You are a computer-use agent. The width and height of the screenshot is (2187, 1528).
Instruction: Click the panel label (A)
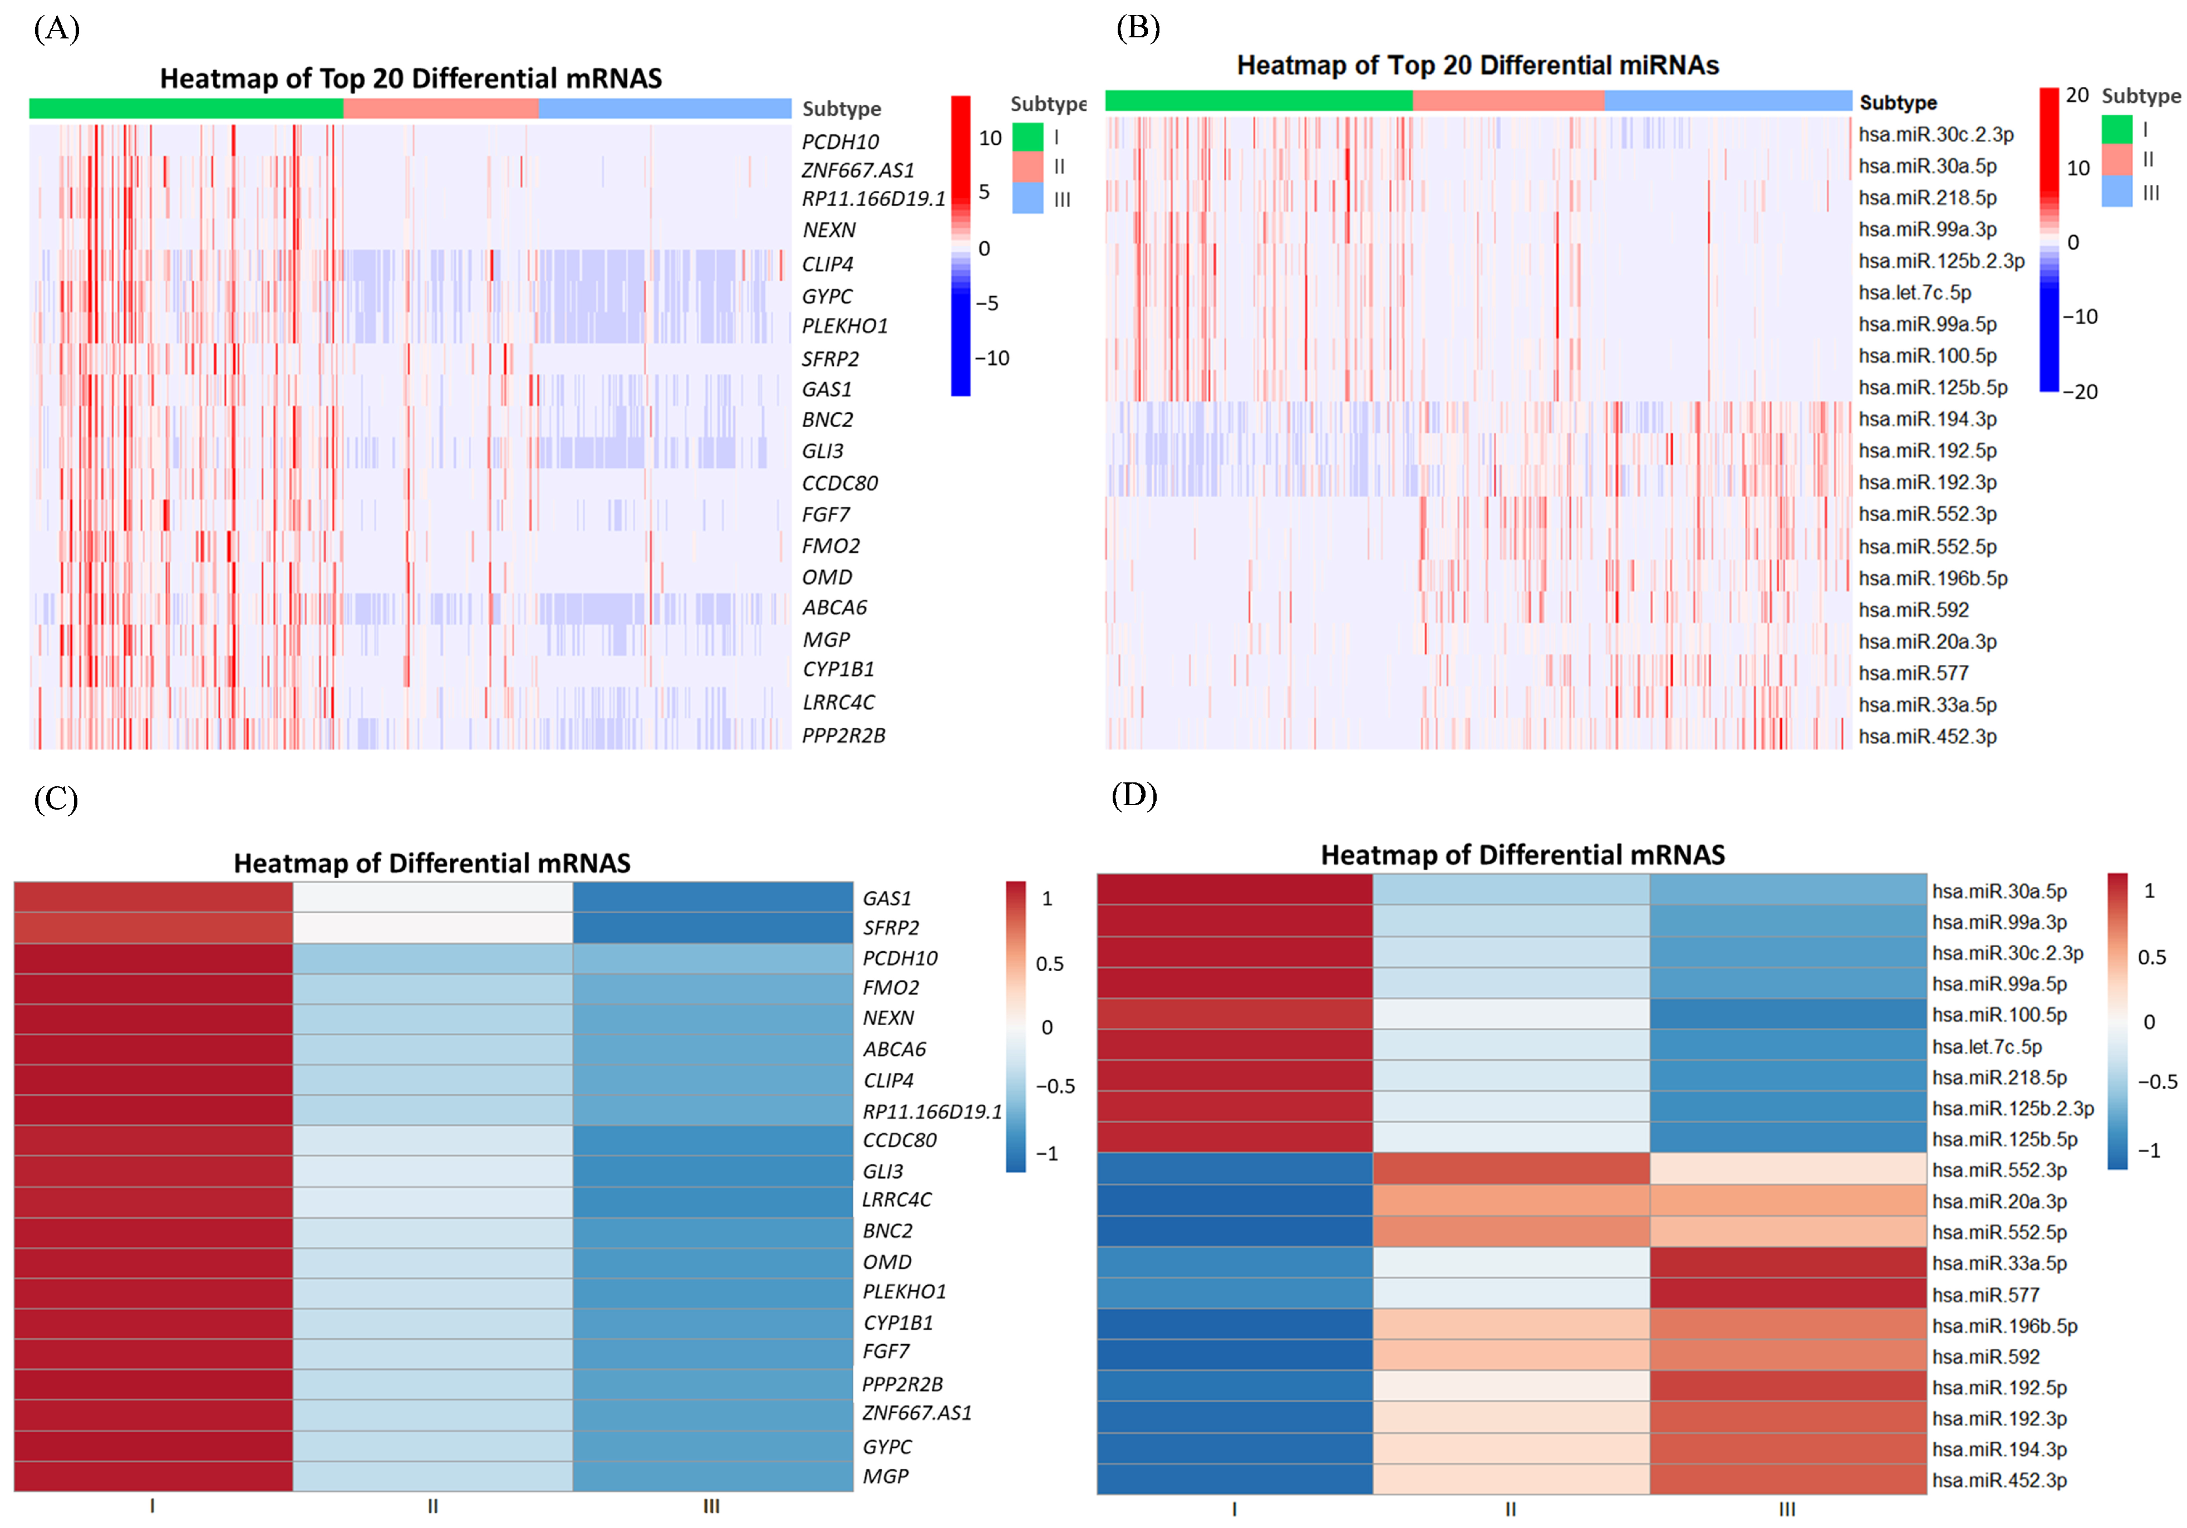coord(56,28)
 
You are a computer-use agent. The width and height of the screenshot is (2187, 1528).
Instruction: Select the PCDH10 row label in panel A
coord(839,142)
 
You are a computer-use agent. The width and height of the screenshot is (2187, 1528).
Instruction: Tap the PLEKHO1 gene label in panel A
coord(844,326)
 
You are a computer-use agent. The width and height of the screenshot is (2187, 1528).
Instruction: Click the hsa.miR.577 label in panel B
coord(1913,673)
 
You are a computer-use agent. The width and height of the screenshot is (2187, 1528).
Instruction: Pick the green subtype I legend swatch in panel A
coord(1028,137)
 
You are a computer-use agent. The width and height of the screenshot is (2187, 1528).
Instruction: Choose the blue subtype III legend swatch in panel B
coord(2116,192)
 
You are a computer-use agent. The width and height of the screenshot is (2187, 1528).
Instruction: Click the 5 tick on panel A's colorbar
coord(984,192)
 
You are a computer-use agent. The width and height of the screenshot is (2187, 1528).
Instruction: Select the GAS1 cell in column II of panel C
coord(433,898)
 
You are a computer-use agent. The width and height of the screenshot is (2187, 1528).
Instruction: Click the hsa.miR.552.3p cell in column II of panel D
coord(1511,1169)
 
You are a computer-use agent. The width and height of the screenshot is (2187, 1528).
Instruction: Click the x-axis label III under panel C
coord(711,1506)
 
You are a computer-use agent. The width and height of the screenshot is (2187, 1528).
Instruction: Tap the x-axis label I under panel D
coord(1235,1509)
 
